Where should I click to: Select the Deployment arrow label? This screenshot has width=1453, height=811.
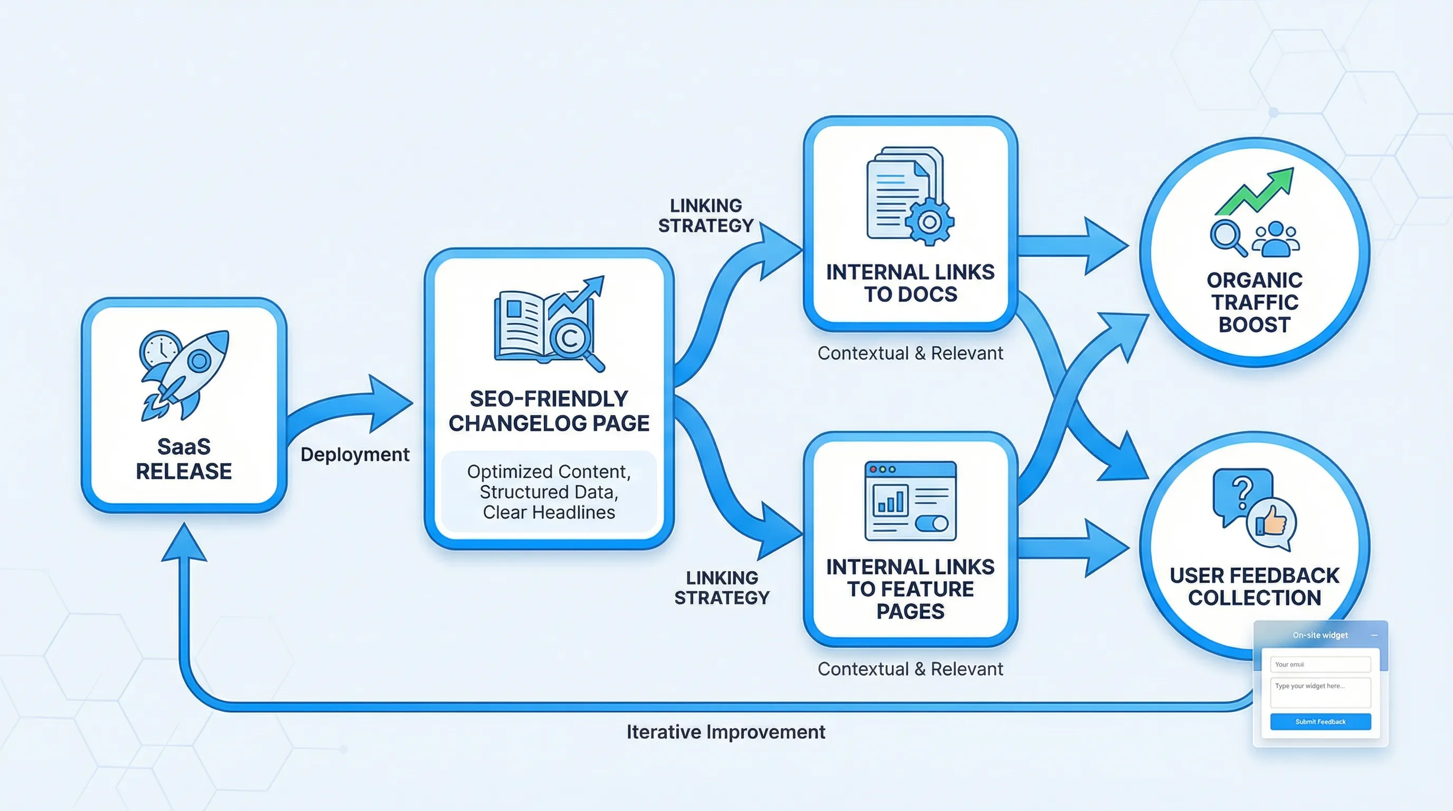coord(355,455)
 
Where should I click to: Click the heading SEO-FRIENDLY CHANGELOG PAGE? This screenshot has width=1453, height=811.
coord(549,411)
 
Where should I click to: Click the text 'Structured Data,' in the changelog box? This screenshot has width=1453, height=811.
coord(549,492)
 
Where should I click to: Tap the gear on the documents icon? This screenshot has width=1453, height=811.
coord(930,222)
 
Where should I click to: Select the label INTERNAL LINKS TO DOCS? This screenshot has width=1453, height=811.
coord(910,283)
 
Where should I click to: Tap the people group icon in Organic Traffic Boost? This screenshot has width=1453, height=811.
coord(1276,239)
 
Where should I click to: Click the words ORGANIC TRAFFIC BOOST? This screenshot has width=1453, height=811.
coord(1254,303)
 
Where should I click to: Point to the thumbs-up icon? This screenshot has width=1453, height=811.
coord(1271,522)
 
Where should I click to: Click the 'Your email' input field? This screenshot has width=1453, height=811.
coord(1320,664)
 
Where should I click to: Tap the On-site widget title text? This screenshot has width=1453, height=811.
coord(1320,635)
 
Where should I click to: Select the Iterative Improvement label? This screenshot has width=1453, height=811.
coord(725,732)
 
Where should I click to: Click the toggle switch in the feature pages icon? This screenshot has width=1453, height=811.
coord(931,524)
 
